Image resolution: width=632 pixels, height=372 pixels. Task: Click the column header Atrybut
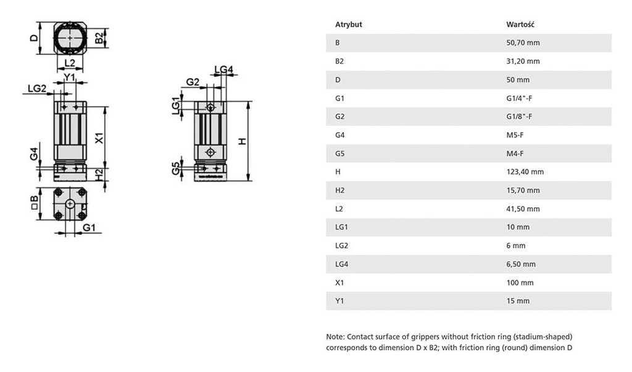pyautogui.click(x=348, y=25)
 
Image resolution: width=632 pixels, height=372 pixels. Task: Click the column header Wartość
pyautogui.click(x=520, y=25)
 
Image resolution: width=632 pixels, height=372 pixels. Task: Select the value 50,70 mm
pyautogui.click(x=523, y=43)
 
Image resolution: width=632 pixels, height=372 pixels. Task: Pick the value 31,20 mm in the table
pyautogui.click(x=523, y=62)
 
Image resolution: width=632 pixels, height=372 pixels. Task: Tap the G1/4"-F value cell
pyautogui.click(x=519, y=98)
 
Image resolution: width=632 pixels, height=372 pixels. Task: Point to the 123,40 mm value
pyautogui.click(x=525, y=172)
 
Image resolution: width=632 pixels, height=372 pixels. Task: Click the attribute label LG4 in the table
pyautogui.click(x=341, y=264)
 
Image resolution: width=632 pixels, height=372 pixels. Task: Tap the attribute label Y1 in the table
pyautogui.click(x=339, y=301)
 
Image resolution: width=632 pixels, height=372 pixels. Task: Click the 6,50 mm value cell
pyautogui.click(x=521, y=264)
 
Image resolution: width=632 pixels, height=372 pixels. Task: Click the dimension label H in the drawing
pyautogui.click(x=243, y=141)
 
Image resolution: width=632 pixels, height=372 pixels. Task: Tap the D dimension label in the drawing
pyautogui.click(x=34, y=38)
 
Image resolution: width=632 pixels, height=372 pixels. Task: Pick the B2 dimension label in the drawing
pyautogui.click(x=99, y=38)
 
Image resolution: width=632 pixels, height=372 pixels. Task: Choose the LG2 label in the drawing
pyautogui.click(x=37, y=89)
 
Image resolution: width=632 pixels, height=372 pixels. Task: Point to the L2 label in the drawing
pyautogui.click(x=70, y=63)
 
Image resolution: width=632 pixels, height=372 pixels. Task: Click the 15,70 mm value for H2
pyautogui.click(x=523, y=191)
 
